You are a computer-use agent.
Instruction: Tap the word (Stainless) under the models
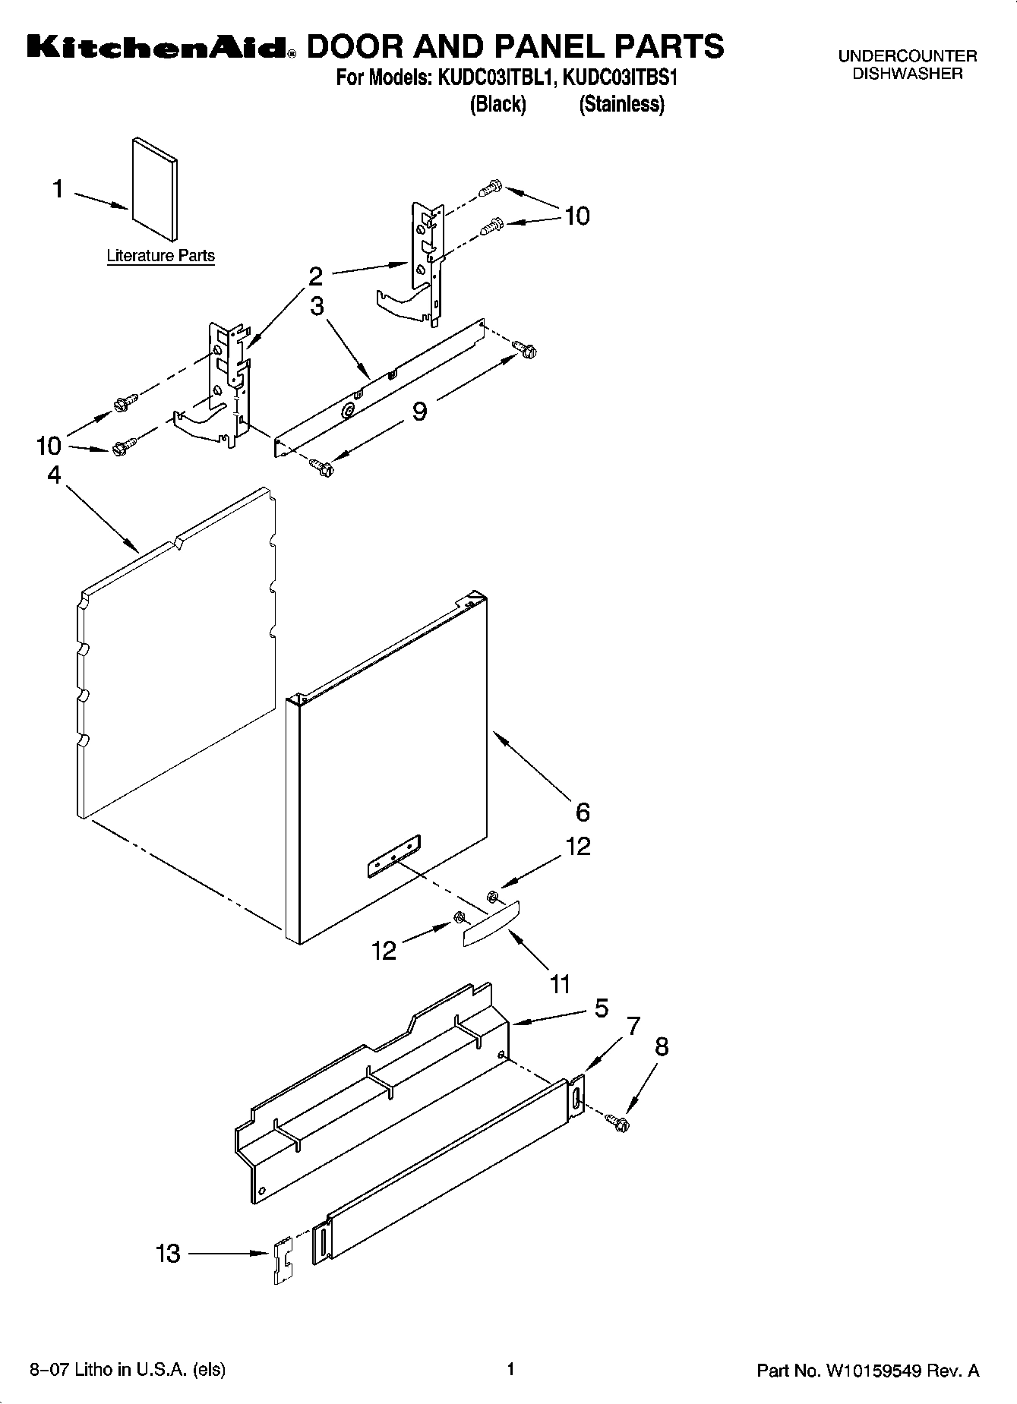pyautogui.click(x=621, y=104)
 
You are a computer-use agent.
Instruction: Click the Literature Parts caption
pyautogui.click(x=160, y=256)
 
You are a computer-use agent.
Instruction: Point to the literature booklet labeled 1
pyautogui.click(x=155, y=188)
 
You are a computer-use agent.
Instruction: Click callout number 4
pyautogui.click(x=54, y=475)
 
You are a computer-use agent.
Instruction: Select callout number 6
pyautogui.click(x=583, y=812)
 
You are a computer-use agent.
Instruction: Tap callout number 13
pyautogui.click(x=168, y=1253)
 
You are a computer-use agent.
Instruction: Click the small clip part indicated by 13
pyautogui.click(x=283, y=1260)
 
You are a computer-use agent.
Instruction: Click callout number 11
pyautogui.click(x=560, y=985)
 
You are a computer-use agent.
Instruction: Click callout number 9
pyautogui.click(x=419, y=411)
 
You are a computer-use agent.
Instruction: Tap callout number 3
pyautogui.click(x=317, y=306)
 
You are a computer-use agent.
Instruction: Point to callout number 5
pyautogui.click(x=601, y=1008)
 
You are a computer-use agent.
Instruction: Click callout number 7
pyautogui.click(x=633, y=1026)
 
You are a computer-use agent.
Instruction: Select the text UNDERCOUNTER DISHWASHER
pyautogui.click(x=907, y=65)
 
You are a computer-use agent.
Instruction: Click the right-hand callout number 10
pyautogui.click(x=577, y=216)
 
